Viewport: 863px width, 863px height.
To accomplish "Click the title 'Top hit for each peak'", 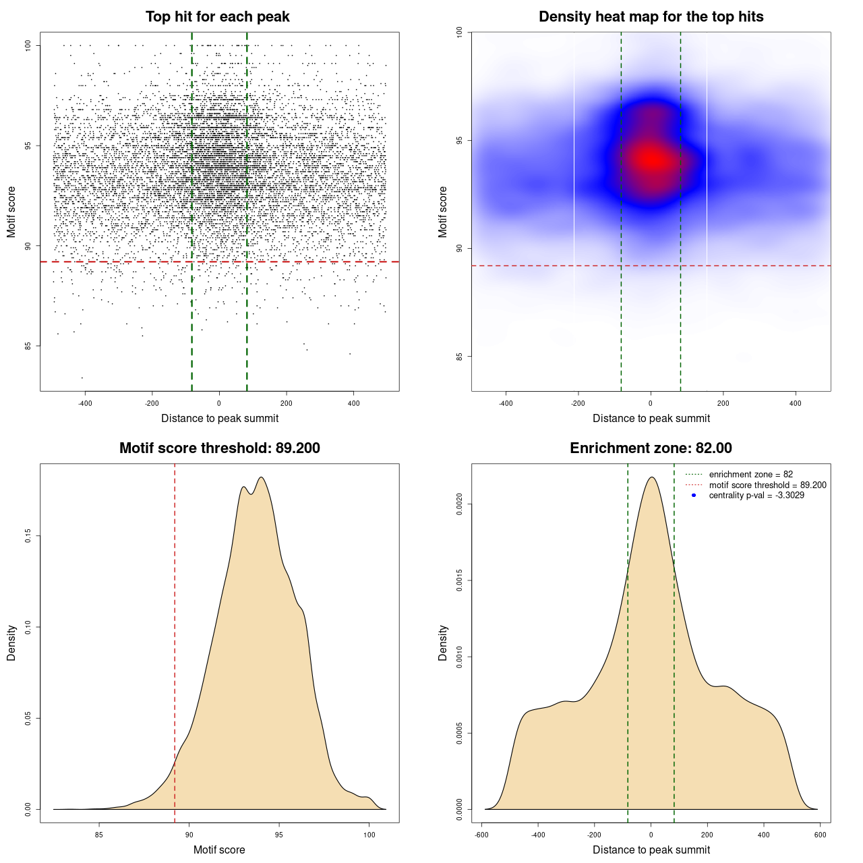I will tap(217, 17).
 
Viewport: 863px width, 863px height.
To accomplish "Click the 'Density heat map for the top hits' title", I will tap(651, 17).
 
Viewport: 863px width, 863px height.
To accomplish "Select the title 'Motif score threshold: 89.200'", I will tap(219, 448).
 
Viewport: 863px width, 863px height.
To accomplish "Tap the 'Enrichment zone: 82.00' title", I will tap(651, 448).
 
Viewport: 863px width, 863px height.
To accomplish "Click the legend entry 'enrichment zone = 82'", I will tap(750, 475).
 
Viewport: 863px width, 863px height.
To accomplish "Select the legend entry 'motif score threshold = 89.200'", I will tap(767, 485).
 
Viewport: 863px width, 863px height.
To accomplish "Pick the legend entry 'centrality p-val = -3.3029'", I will tap(756, 496).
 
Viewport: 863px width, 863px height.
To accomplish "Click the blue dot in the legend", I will tap(694, 496).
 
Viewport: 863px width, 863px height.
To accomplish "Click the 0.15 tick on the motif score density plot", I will tap(28, 536).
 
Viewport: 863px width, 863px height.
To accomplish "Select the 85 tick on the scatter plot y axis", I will tap(28, 346).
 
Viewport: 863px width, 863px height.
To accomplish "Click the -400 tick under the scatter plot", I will tap(85, 404).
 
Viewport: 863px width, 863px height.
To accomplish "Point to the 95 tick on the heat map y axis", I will tap(459, 140).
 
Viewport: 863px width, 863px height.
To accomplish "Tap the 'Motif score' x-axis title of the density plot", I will tap(219, 850).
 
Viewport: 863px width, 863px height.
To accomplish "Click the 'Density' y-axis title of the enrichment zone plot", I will tap(443, 643).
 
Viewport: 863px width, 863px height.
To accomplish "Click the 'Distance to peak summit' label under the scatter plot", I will tap(220, 418).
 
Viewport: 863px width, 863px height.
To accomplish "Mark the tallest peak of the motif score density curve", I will tap(261, 477).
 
